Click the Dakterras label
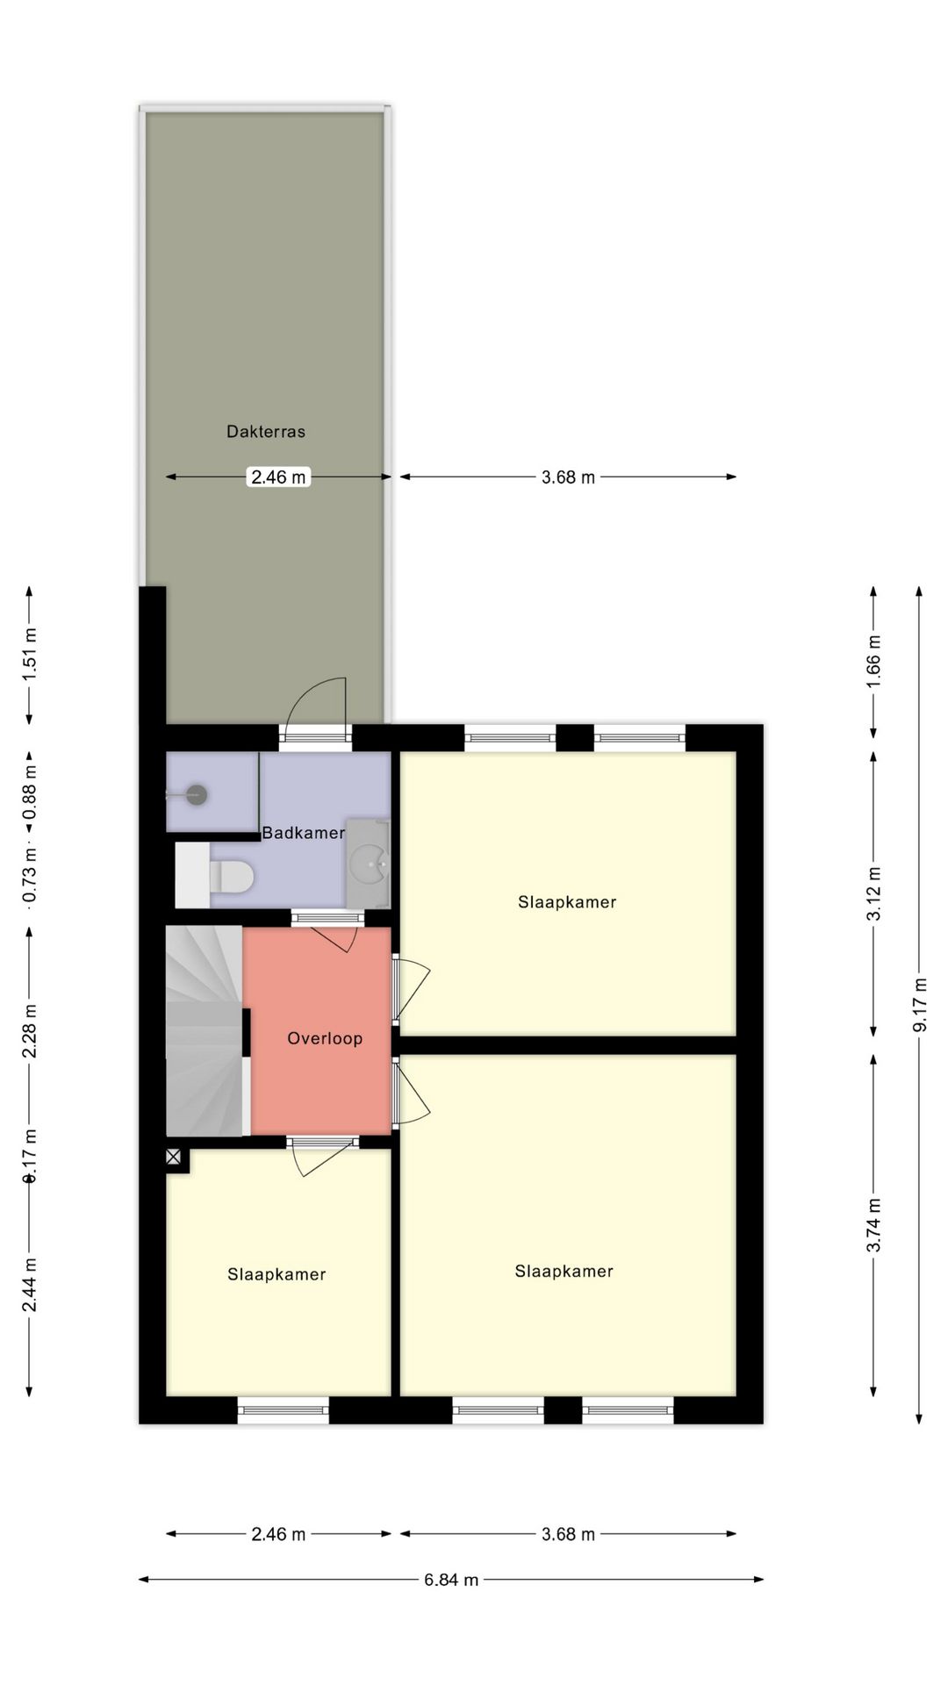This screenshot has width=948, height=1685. tap(265, 431)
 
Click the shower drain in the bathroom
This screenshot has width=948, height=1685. tap(197, 795)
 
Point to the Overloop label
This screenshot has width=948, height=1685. tap(325, 1038)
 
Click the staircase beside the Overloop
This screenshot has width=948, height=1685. tap(204, 1031)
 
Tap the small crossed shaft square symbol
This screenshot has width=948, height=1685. tap(174, 1158)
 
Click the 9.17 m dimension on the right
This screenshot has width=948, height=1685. tap(919, 1005)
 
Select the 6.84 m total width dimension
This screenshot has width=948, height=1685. tap(451, 1580)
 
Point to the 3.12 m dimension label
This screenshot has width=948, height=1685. tap(873, 893)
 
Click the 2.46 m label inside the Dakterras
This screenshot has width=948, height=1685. tap(278, 477)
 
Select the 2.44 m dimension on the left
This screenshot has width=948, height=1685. tap(30, 1284)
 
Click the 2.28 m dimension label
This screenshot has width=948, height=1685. tap(30, 1030)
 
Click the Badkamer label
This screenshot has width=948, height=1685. tap(303, 833)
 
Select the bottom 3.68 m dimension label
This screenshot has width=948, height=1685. tap(568, 1534)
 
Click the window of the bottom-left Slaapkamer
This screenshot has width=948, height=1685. tap(283, 1410)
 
